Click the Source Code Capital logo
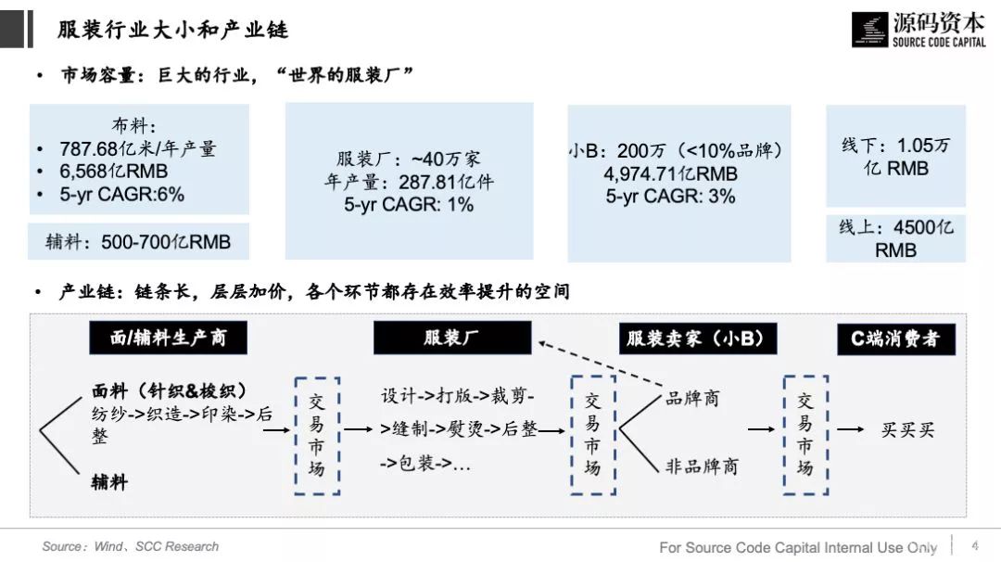point(918,29)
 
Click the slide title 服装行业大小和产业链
point(172,30)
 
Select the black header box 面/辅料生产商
point(168,338)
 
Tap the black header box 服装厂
point(452,338)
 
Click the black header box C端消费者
point(895,338)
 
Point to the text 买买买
point(907,429)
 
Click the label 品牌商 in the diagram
point(692,399)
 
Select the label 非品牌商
point(702,466)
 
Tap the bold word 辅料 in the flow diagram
point(109,481)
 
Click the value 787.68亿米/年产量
point(137,148)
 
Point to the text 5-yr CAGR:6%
point(121,194)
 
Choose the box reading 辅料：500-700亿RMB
point(139,242)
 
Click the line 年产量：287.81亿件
point(409,182)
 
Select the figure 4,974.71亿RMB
point(670,173)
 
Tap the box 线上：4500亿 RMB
point(895,238)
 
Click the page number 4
point(974,545)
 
